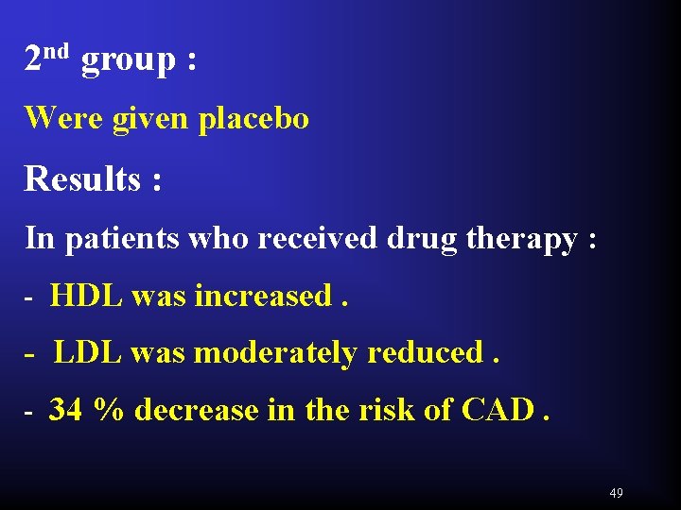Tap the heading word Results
pyautogui.click(x=82, y=178)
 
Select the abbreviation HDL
pyautogui.click(x=87, y=297)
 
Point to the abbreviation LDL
pyautogui.click(x=88, y=353)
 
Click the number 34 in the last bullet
pyautogui.click(x=65, y=410)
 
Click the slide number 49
pyautogui.click(x=617, y=493)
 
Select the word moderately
pyautogui.click(x=275, y=353)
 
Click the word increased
pyautogui.click(x=263, y=297)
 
